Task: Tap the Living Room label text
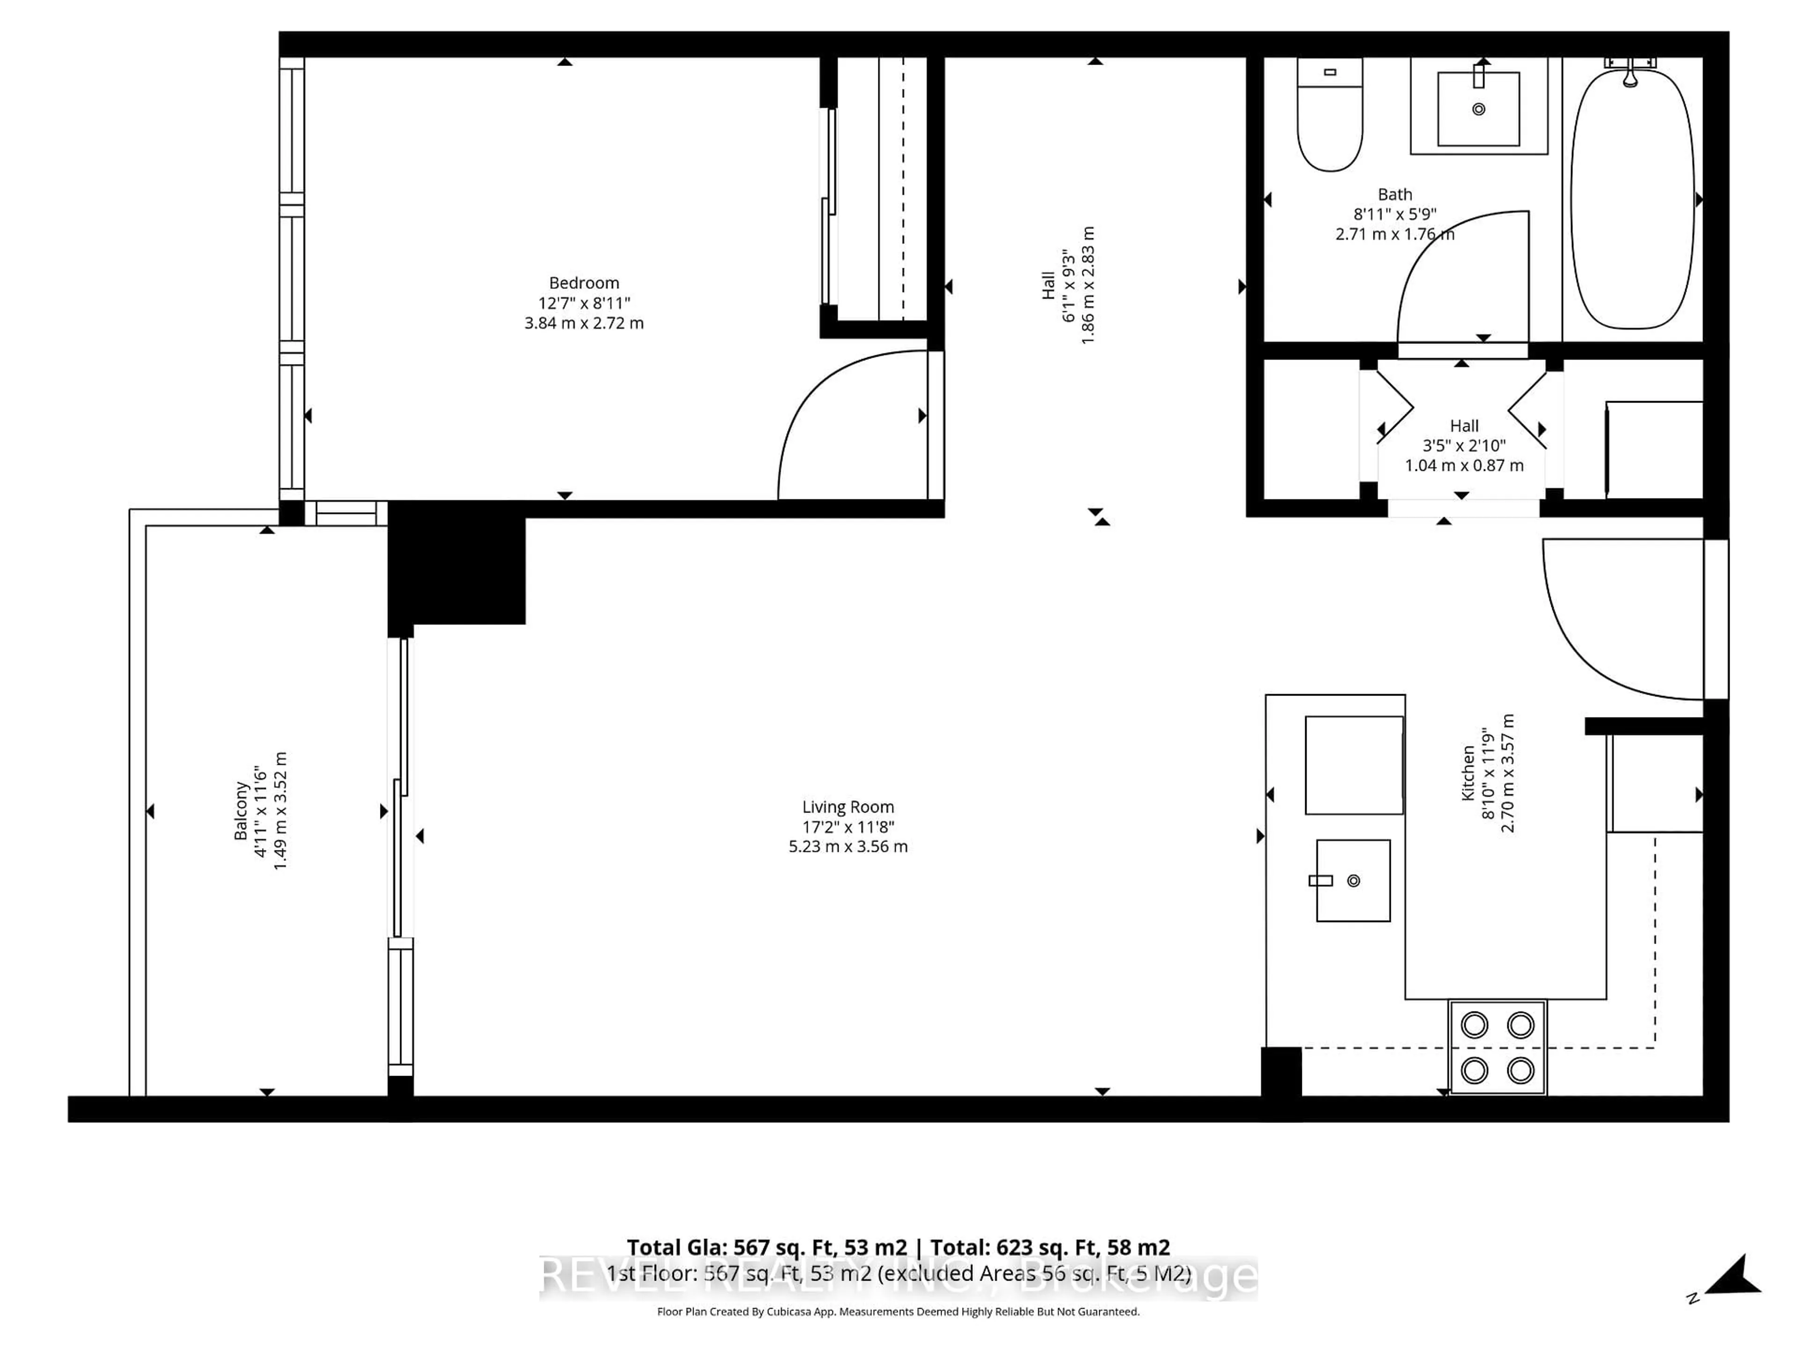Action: (847, 807)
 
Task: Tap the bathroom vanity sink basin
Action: (1478, 108)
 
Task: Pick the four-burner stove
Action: (1497, 1048)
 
